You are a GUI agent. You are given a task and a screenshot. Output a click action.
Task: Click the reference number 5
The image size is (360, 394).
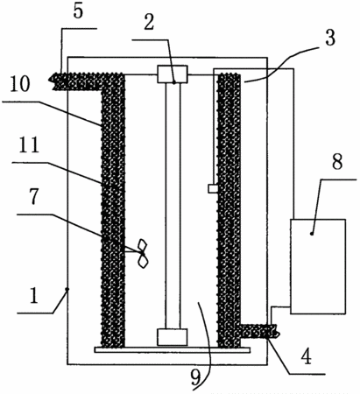click(78, 11)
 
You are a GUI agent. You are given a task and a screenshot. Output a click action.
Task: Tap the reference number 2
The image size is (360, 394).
click(149, 23)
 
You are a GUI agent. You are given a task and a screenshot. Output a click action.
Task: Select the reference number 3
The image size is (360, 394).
click(330, 38)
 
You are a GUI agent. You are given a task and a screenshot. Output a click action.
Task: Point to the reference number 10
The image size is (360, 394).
click(20, 83)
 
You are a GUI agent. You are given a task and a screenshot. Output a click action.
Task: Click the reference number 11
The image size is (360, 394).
click(29, 145)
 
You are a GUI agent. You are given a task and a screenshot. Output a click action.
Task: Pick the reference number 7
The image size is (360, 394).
click(34, 196)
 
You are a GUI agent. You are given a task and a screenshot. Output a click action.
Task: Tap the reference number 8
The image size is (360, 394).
click(337, 162)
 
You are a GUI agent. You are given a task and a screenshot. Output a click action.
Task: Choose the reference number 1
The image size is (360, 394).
click(34, 295)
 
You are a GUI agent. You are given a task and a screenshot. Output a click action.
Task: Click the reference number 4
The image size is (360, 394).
click(307, 356)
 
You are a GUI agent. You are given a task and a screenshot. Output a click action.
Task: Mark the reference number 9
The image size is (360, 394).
click(196, 378)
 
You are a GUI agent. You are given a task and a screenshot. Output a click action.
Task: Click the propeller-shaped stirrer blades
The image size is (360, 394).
click(143, 254)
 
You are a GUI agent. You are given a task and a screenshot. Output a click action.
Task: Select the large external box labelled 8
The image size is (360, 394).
click(318, 266)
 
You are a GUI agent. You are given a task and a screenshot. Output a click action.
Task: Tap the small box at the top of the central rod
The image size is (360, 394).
click(173, 74)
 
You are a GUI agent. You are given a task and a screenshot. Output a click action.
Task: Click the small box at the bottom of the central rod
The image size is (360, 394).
click(173, 337)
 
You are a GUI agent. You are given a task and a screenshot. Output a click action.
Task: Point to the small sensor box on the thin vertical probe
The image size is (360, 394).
click(213, 188)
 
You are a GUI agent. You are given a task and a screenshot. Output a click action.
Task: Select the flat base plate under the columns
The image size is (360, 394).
click(173, 349)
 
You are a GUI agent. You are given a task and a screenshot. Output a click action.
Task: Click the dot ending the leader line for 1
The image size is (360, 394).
click(67, 289)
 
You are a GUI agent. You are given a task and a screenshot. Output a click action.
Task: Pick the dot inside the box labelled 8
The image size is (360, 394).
click(312, 234)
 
